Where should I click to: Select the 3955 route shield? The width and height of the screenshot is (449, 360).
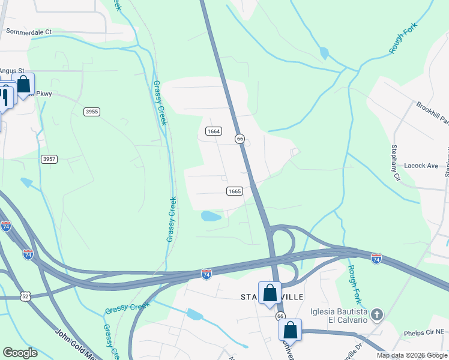click(x=92, y=112)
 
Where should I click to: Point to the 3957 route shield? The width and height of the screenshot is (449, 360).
click(x=49, y=159)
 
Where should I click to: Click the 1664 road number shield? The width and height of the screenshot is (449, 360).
click(x=213, y=131)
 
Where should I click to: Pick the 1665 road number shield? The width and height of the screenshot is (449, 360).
click(x=235, y=191)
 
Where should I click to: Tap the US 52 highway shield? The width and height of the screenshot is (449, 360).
click(x=24, y=296)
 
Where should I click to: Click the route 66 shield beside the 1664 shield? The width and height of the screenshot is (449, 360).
click(x=240, y=139)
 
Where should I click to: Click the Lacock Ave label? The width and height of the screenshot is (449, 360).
click(x=421, y=166)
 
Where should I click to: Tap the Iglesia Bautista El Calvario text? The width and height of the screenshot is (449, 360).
click(x=339, y=316)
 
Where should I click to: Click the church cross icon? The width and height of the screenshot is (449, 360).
click(x=376, y=314)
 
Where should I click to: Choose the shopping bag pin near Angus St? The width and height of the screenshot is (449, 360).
click(x=24, y=85)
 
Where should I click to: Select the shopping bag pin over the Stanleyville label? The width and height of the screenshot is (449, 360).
click(x=270, y=293)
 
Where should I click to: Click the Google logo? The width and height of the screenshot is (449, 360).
click(x=20, y=353)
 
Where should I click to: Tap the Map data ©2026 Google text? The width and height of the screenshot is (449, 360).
click(x=411, y=355)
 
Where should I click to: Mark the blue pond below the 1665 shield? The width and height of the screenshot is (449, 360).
click(x=211, y=215)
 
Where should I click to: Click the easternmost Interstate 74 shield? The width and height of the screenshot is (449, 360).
click(x=376, y=259)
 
